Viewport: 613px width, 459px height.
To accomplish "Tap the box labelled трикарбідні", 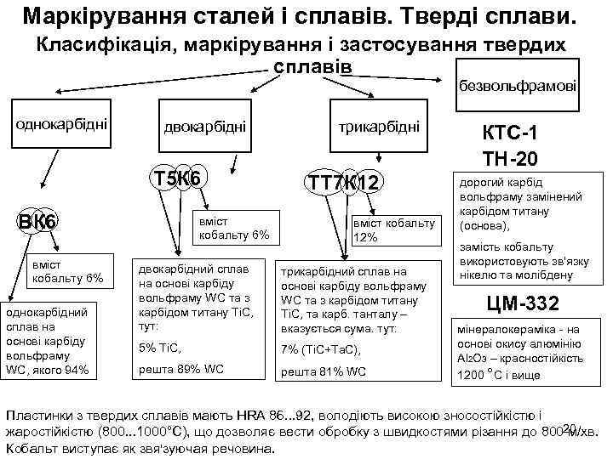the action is pos(379,126).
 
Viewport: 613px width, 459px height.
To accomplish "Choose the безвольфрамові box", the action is pos(517,86).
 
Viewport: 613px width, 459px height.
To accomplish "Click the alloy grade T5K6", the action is pos(175,178).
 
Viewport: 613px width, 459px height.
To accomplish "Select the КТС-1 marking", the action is pos(510,134).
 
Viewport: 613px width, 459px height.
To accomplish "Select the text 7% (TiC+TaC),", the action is pos(321,348).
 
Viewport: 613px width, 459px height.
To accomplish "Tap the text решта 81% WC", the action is pos(323,372).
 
